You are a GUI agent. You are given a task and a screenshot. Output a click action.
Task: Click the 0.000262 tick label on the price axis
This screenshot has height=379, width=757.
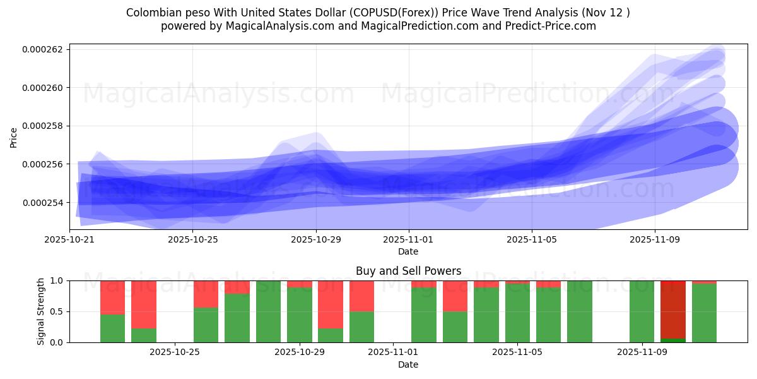(42, 49)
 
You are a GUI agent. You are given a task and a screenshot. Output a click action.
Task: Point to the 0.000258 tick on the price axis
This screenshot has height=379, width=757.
(42, 126)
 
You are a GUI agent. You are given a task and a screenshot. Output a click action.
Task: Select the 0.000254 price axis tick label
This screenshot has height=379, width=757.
(42, 203)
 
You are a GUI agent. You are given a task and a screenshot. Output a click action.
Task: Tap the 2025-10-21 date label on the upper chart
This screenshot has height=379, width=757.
(69, 239)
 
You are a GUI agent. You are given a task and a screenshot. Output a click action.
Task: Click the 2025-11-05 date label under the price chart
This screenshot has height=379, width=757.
(532, 239)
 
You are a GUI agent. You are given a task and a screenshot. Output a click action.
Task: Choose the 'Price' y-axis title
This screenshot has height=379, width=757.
(14, 136)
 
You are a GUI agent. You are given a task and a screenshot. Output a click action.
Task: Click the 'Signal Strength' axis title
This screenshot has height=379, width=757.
(41, 311)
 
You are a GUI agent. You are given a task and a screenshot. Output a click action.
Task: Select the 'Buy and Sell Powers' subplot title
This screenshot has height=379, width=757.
(408, 271)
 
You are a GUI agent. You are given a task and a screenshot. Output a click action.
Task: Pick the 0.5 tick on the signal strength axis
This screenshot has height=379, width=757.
(56, 311)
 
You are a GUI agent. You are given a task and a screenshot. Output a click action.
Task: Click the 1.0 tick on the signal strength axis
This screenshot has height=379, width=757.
(56, 280)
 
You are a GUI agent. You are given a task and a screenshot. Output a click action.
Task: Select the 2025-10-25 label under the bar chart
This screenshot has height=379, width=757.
(175, 352)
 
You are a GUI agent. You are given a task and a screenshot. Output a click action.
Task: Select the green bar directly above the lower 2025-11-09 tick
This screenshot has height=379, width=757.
(642, 311)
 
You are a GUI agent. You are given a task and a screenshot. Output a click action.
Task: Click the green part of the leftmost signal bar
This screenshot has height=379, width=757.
(112, 328)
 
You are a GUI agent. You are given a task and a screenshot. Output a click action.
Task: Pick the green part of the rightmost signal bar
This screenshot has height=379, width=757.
(704, 313)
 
